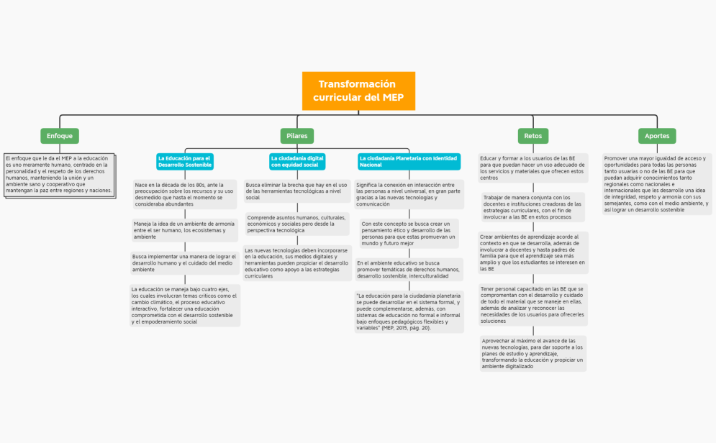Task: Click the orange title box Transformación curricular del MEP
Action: tap(358, 91)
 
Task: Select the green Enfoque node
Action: tap(60, 135)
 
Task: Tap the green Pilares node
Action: tap(296, 135)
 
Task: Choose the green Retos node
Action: tap(533, 135)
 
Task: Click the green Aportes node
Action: tap(656, 135)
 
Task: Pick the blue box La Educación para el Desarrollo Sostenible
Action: tap(185, 161)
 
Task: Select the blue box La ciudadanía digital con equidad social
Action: tap(297, 161)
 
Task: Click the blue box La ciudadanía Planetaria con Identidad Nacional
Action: tap(408, 161)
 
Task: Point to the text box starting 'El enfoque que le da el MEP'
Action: tap(59, 174)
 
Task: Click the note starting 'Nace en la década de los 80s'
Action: tap(185, 194)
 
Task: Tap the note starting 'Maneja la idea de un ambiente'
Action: tap(185, 230)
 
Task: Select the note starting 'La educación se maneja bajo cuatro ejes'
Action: tap(185, 306)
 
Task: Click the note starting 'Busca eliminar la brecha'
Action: tap(297, 191)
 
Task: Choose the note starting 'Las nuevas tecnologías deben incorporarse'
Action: tap(297, 263)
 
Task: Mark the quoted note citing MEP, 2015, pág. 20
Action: tap(408, 311)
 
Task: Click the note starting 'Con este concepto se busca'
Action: tap(408, 234)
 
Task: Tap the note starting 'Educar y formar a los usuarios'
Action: tap(533, 168)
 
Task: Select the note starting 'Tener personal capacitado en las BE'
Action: tap(533, 304)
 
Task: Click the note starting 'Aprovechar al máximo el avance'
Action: tap(533, 353)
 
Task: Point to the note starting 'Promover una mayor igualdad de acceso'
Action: tap(656, 183)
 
